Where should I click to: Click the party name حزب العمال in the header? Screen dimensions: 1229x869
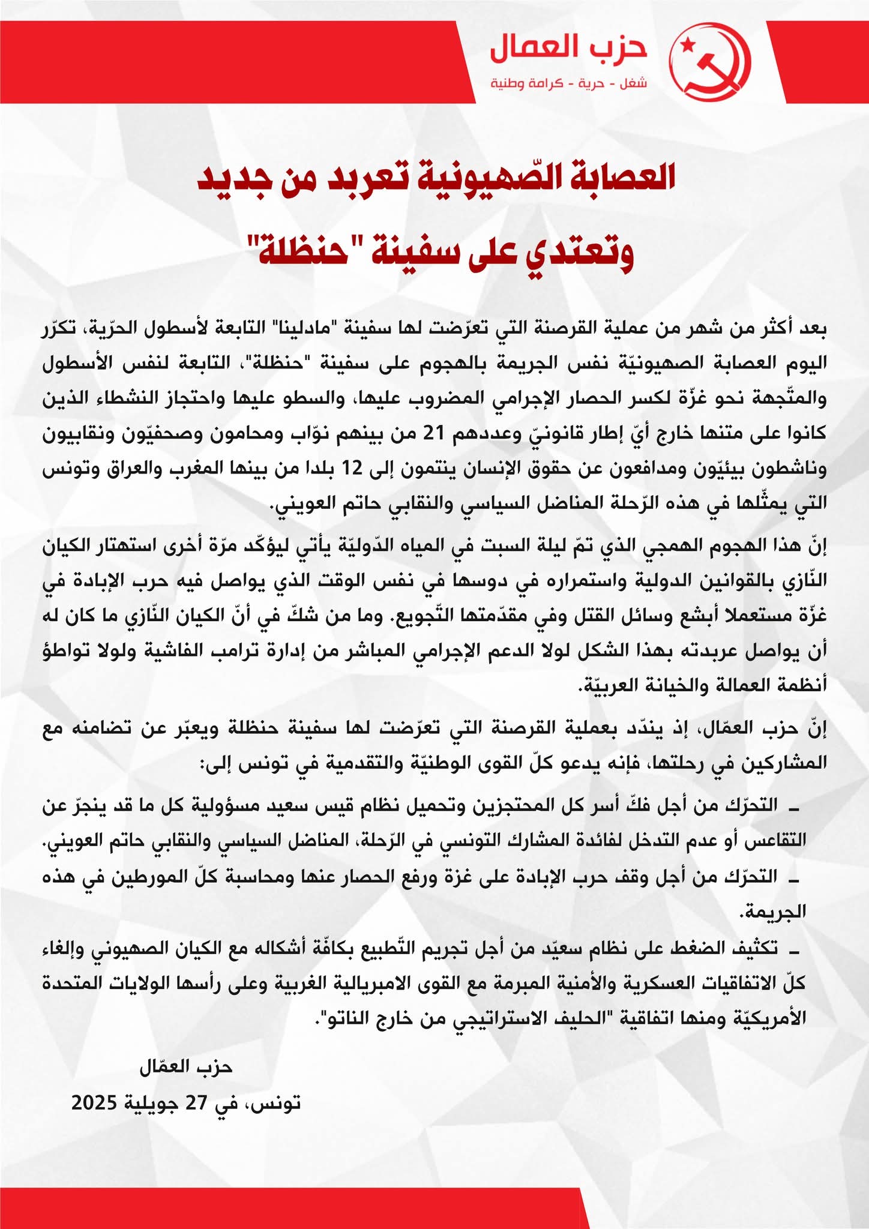pyautogui.click(x=568, y=49)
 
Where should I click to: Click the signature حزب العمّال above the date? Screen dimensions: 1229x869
pyautogui.click(x=185, y=1067)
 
